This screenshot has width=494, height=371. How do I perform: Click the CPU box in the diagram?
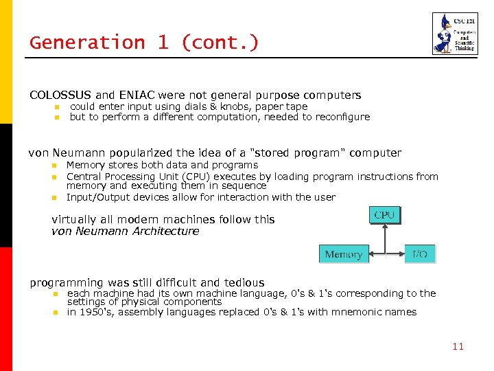click(384, 215)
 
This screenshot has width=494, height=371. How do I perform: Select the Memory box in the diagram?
click(344, 254)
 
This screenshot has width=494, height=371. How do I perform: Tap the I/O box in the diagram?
click(419, 254)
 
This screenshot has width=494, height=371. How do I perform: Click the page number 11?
click(458, 346)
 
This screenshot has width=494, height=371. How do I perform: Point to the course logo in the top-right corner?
click(454, 34)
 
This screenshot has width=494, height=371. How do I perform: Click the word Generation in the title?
click(87, 43)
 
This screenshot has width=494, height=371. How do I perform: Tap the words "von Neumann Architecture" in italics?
click(125, 232)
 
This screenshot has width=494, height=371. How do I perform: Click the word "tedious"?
click(244, 282)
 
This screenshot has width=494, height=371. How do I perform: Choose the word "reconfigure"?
click(342, 117)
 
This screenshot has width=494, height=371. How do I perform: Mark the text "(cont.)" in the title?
click(220, 43)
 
